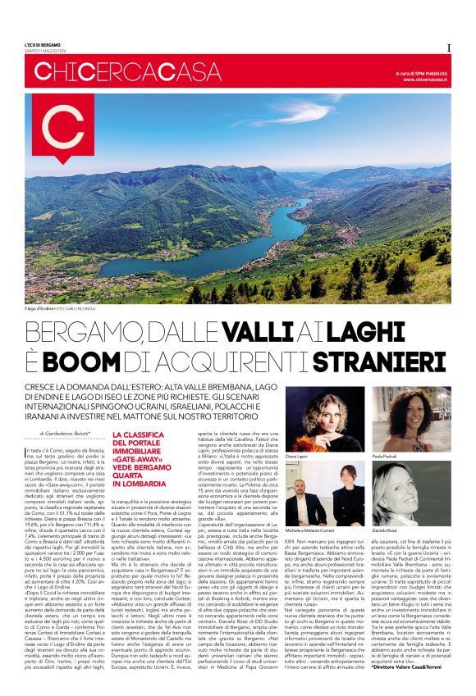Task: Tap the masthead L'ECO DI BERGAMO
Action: [x=42, y=44]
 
